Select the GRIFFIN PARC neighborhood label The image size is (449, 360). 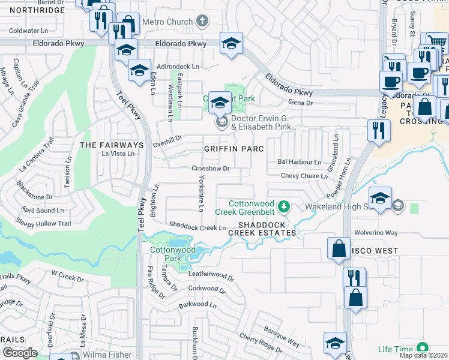(x=231, y=148)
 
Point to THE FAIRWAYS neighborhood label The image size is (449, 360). (x=112, y=145)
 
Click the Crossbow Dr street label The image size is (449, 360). (x=211, y=169)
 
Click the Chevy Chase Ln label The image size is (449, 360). (x=305, y=176)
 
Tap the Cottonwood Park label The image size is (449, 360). (x=165, y=253)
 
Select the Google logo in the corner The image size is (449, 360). (x=19, y=353)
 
